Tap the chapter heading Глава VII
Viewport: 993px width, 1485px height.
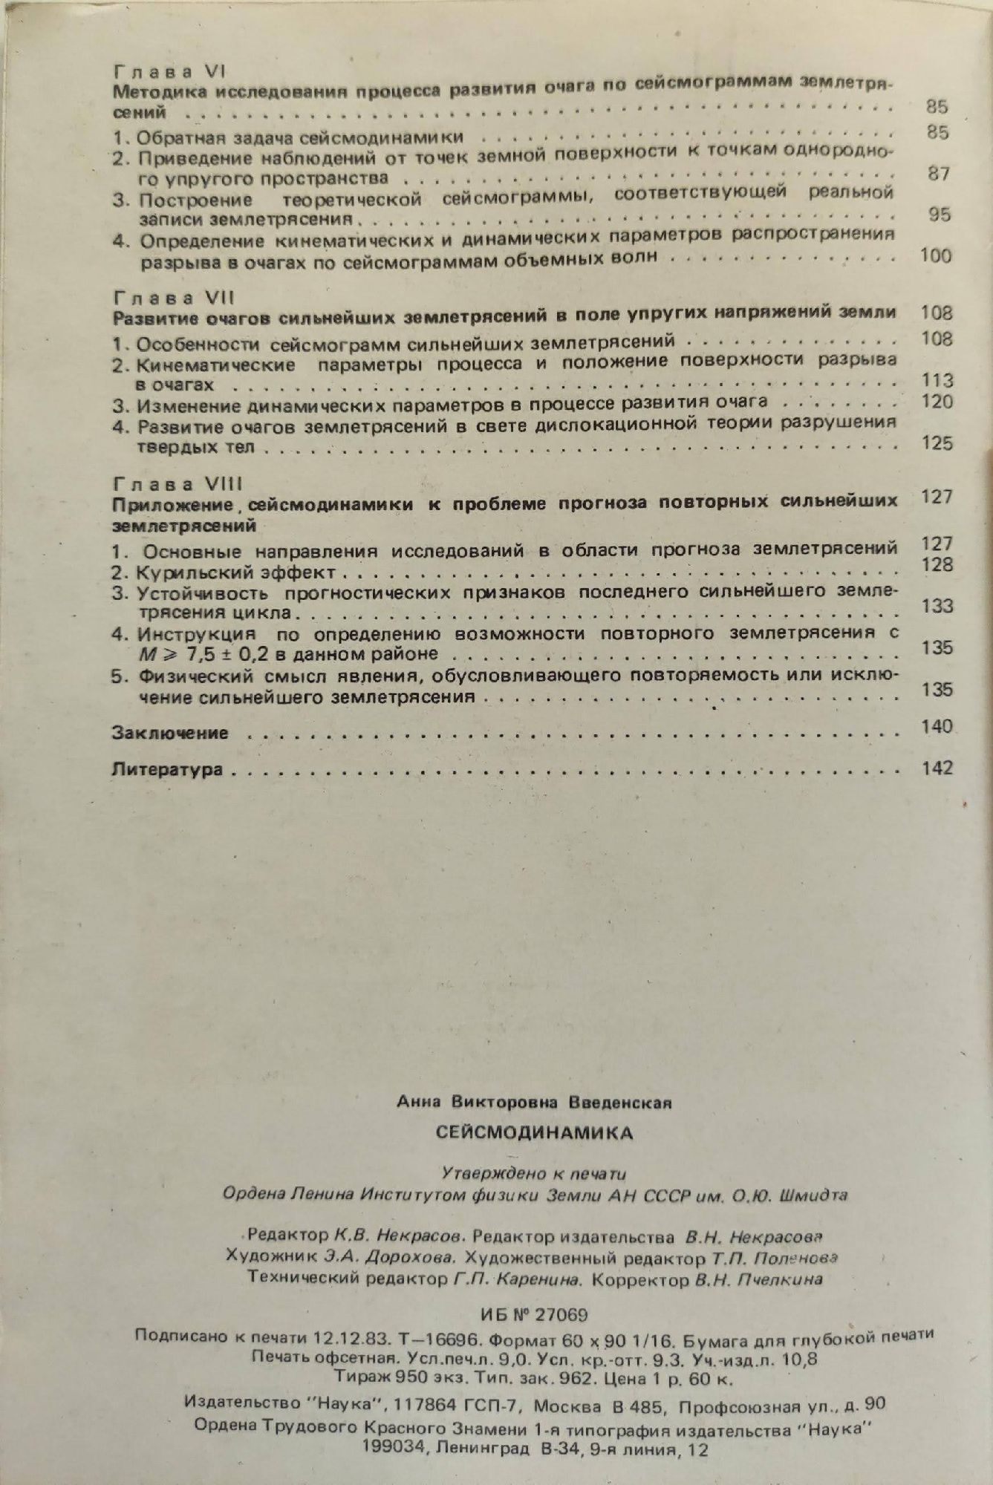point(173,298)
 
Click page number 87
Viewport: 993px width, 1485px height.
point(939,174)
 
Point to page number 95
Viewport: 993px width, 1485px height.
point(940,215)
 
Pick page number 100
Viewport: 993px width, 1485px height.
point(935,255)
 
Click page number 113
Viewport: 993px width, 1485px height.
point(937,381)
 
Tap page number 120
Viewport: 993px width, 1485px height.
point(937,402)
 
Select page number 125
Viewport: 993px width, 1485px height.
point(937,443)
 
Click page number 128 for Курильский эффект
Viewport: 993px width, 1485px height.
point(937,565)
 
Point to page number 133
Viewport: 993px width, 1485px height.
point(937,606)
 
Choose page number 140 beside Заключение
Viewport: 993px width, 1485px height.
point(937,726)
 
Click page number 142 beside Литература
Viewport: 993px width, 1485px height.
point(937,768)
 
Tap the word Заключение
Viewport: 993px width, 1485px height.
point(170,733)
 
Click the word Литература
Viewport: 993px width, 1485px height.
point(168,769)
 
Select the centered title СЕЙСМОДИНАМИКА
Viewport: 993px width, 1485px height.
point(534,1132)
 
